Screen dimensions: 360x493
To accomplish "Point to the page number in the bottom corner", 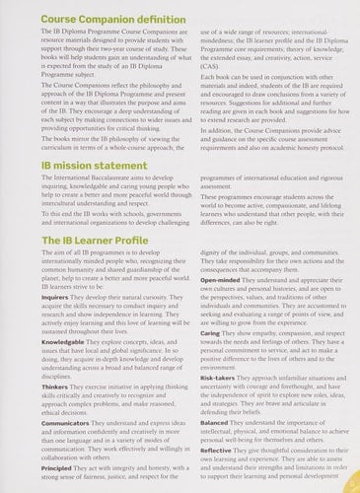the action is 352,484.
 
